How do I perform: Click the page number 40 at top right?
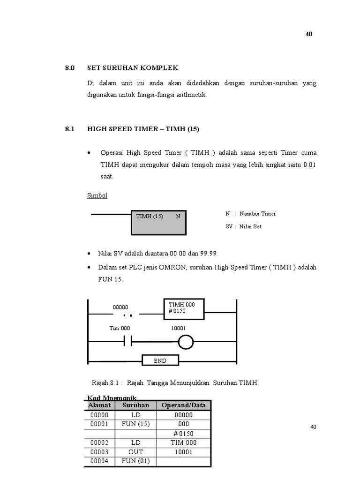point(309,34)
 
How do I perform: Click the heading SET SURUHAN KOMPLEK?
point(133,68)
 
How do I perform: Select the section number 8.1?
point(70,129)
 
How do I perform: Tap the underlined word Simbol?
point(97,195)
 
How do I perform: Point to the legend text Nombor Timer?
point(257,214)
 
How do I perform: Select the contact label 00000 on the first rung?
point(120,307)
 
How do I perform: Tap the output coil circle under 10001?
point(186,343)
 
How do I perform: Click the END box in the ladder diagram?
point(160,360)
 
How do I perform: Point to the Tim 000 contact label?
point(120,329)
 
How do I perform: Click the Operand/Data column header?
point(183,405)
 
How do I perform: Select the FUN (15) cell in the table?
point(135,424)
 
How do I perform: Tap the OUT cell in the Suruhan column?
point(135,452)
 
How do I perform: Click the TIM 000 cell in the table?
point(183,442)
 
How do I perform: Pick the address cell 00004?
point(99,461)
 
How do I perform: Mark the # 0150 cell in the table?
point(183,433)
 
